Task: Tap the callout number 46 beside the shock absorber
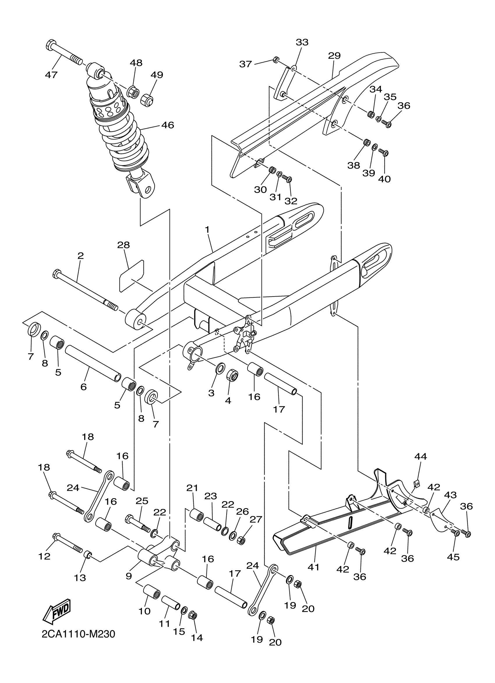point(167,125)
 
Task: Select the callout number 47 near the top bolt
point(51,75)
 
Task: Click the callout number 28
point(123,245)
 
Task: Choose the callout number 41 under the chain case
point(314,567)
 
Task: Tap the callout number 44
point(420,457)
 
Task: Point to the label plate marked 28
point(132,276)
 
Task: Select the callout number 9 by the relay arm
point(129,576)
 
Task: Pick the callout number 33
point(302,42)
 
